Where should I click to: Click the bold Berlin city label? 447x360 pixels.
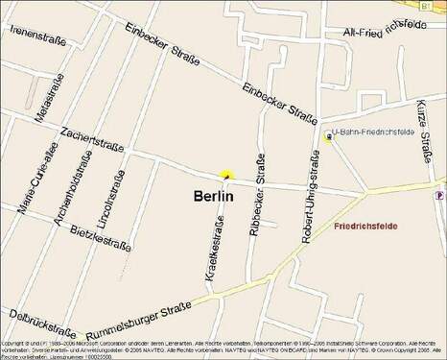pos(214,195)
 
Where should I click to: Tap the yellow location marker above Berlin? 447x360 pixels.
pos(226,176)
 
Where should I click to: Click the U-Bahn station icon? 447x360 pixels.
pos(330,137)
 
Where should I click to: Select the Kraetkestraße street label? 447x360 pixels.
pos(215,252)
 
